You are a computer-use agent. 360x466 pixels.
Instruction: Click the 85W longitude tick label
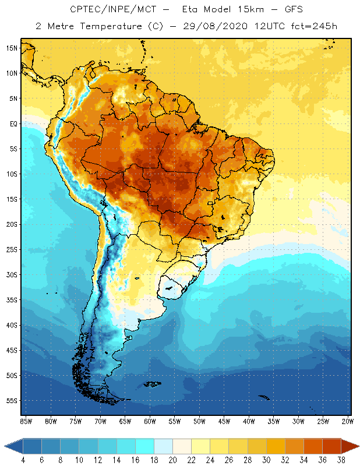click(26, 421)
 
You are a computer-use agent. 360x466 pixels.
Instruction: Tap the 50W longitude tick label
click(200, 421)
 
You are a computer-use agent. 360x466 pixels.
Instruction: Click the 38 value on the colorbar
click(341, 460)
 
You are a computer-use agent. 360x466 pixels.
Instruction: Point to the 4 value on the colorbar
click(23, 460)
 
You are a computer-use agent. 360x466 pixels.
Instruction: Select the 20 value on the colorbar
click(172, 460)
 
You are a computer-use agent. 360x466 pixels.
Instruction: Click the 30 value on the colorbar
click(266, 460)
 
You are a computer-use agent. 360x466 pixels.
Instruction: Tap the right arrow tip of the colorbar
click(357, 446)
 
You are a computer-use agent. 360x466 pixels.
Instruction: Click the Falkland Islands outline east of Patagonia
click(153, 383)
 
